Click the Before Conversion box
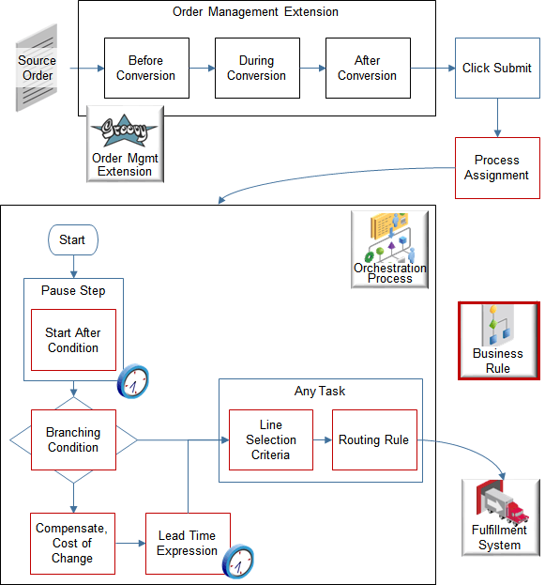tap(146, 68)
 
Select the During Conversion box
tap(256, 68)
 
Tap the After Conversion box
tap(367, 68)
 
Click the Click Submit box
tap(497, 68)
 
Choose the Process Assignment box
tap(497, 168)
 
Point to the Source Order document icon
tap(37, 75)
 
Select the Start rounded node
tap(72, 239)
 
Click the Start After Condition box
tap(73, 340)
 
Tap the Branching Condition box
tap(73, 439)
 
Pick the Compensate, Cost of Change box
tap(72, 543)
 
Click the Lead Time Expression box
tap(187, 543)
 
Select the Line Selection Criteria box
tap(271, 439)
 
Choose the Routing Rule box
tap(374, 439)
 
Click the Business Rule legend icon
tap(498, 339)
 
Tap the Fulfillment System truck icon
tap(498, 515)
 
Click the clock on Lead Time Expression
tap(238, 561)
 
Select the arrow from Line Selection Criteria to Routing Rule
tap(323, 439)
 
